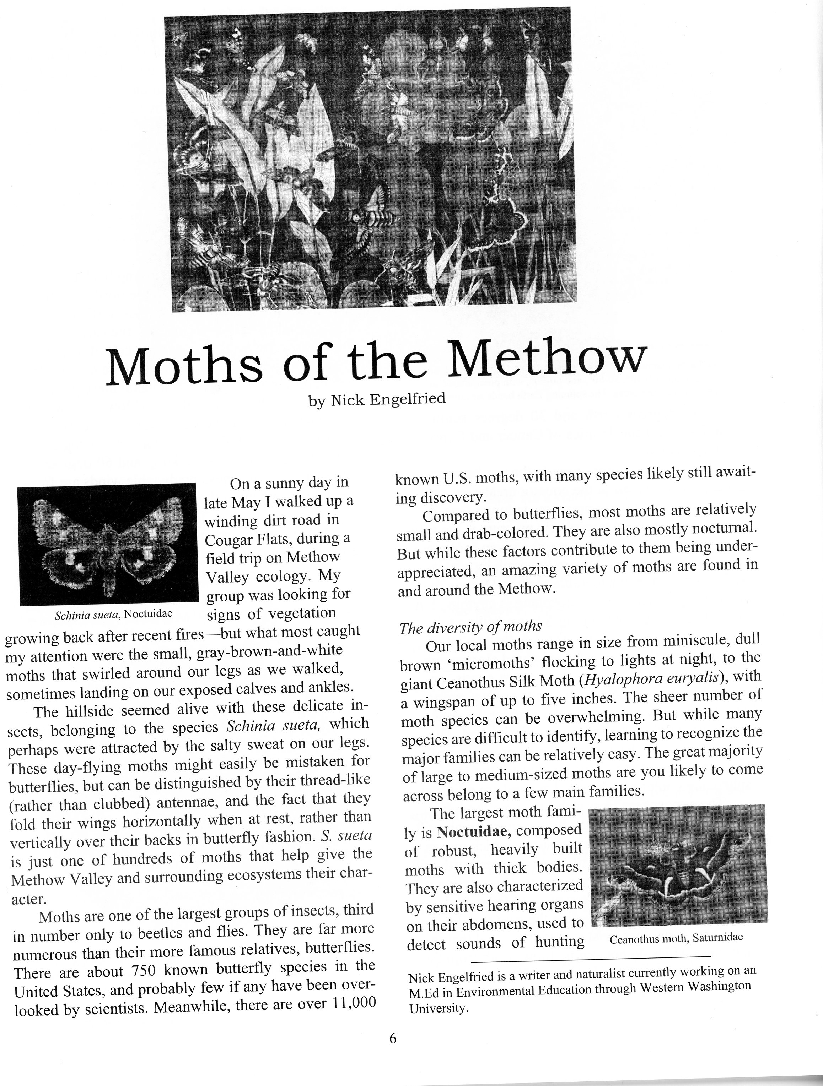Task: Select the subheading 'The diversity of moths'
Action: pos(470,627)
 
